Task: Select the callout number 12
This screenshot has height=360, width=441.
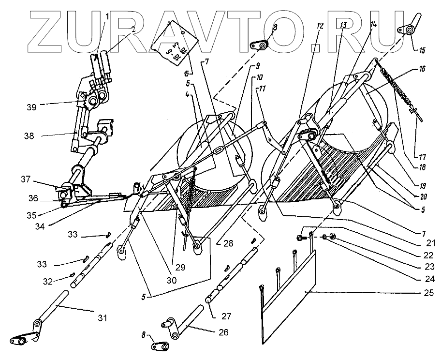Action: point(320,26)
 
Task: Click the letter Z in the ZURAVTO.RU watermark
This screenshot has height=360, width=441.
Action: point(50,31)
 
